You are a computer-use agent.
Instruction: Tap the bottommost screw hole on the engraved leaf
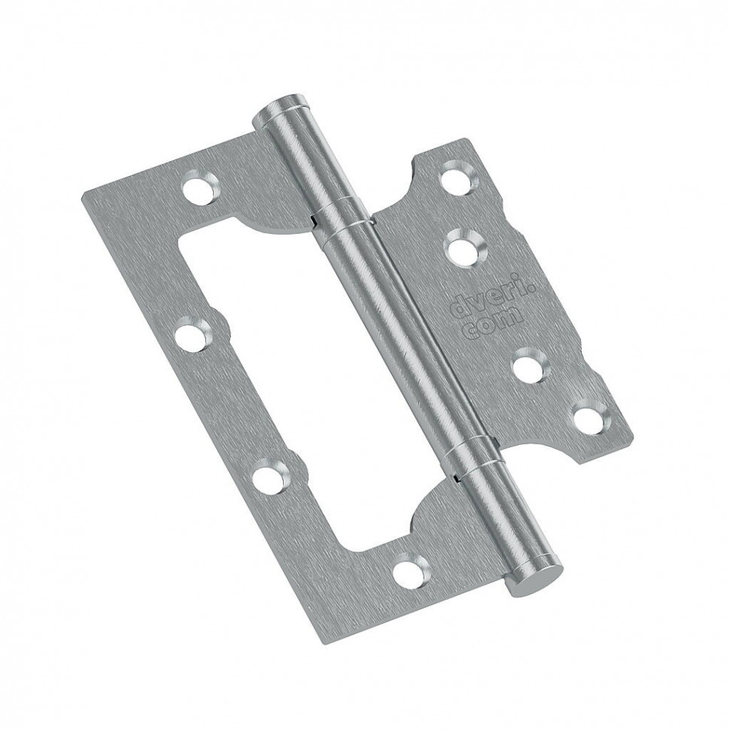[591, 417]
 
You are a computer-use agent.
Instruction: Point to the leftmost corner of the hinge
[82, 193]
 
